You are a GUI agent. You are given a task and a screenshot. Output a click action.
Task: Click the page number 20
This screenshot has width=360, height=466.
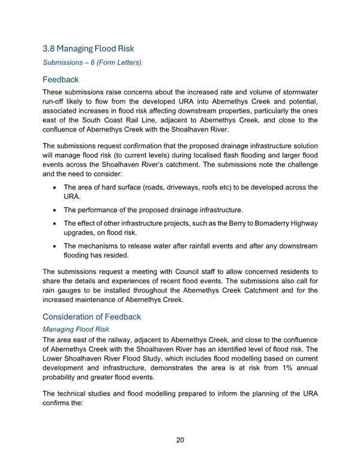click(180, 440)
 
